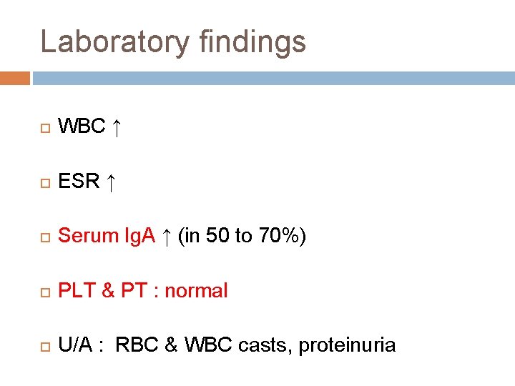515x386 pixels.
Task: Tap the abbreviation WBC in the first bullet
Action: [x=82, y=127]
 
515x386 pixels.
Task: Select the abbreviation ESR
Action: [x=79, y=182]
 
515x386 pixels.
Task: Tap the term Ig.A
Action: [x=139, y=236]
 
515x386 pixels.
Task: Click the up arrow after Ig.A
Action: [x=166, y=237]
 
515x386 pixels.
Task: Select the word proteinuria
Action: [x=347, y=345]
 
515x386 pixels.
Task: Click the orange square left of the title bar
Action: [x=15, y=77]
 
